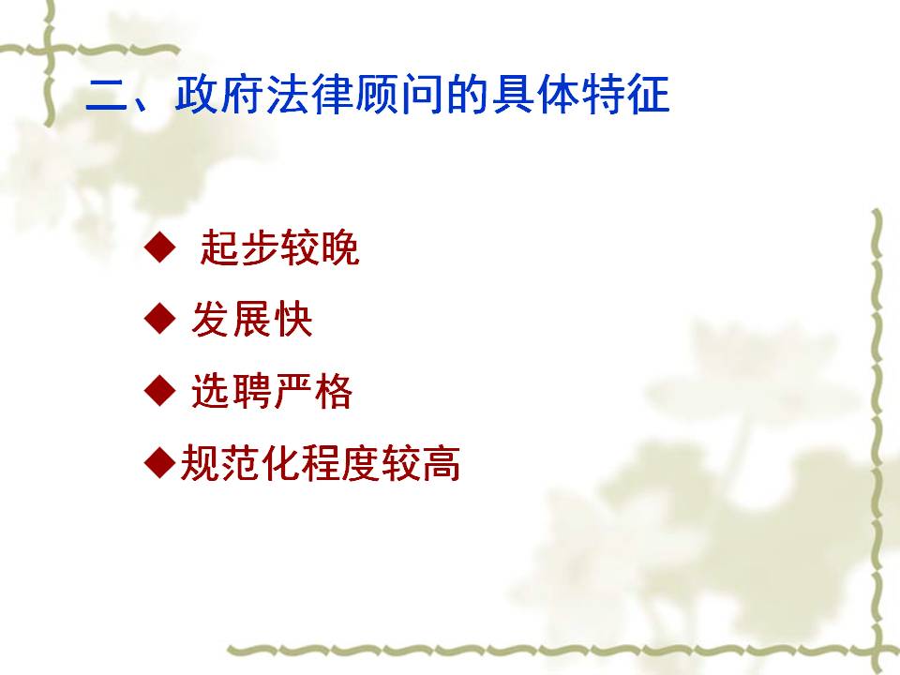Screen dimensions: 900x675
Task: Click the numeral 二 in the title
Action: point(106,96)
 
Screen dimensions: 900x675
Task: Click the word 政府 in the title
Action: point(220,95)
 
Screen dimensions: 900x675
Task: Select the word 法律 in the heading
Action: point(310,95)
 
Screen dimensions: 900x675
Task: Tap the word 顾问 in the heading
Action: point(399,95)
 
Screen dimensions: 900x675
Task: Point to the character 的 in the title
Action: point(467,95)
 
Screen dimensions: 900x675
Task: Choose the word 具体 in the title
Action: point(535,95)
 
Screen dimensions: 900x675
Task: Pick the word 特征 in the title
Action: point(625,95)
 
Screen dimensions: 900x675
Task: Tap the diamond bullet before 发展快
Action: point(160,318)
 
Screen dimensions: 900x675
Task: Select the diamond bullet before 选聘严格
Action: point(160,390)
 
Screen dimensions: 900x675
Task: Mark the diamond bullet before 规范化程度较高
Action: point(160,462)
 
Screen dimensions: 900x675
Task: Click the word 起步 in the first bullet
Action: point(239,247)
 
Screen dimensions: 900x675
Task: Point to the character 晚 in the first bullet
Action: point(339,247)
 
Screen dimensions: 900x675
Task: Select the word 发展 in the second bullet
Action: point(232,319)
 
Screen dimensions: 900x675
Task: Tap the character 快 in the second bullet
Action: point(292,319)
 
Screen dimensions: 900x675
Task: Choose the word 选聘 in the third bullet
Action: point(232,392)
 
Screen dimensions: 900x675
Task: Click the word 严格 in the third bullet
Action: point(313,392)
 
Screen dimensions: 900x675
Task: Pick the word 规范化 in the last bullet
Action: point(241,463)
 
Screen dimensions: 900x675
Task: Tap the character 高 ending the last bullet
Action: point(442,463)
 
